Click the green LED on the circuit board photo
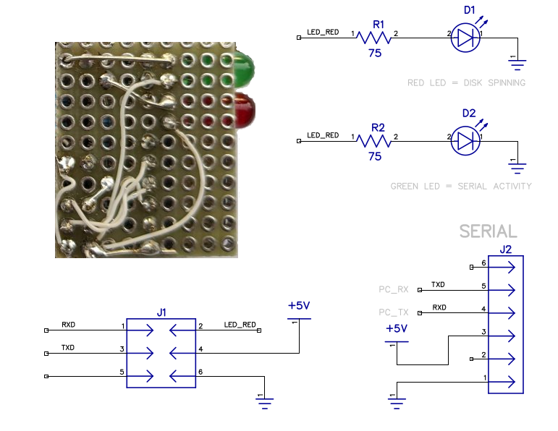pyautogui.click(x=243, y=69)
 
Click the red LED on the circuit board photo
pyautogui.click(x=244, y=109)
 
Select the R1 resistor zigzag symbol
pyautogui.click(x=375, y=37)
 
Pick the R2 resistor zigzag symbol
pyautogui.click(x=375, y=140)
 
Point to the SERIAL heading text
pyautogui.click(x=489, y=231)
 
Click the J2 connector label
pyautogui.click(x=506, y=250)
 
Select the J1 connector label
pyautogui.click(x=161, y=312)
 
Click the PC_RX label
pyautogui.click(x=394, y=290)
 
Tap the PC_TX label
pyautogui.click(x=394, y=312)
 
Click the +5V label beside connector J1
pyautogui.click(x=299, y=306)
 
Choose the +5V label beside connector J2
pyautogui.click(x=397, y=328)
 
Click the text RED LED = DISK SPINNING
pyautogui.click(x=466, y=83)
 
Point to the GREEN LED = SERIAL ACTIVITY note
pyautogui.click(x=461, y=187)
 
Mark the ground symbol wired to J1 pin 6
pyautogui.click(x=265, y=402)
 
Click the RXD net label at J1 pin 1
pyautogui.click(x=69, y=325)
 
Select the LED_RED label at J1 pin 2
pyautogui.click(x=240, y=325)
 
